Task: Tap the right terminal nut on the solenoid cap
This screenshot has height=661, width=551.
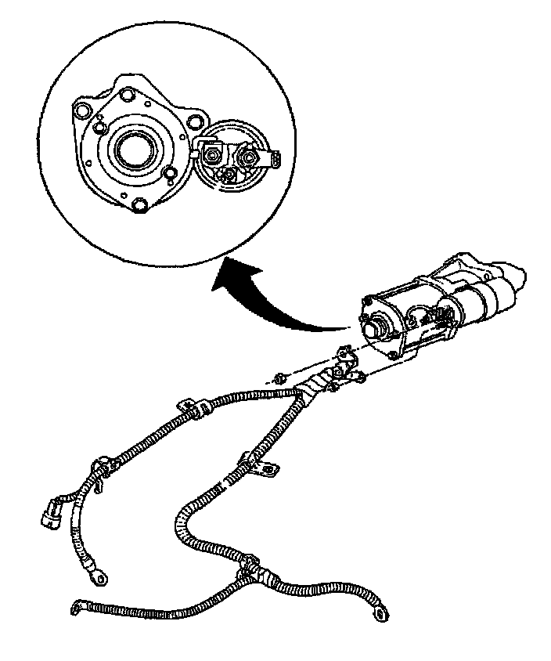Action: click(248, 159)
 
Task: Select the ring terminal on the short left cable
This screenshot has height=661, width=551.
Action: click(99, 576)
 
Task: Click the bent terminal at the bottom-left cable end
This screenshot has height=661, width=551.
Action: click(77, 605)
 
